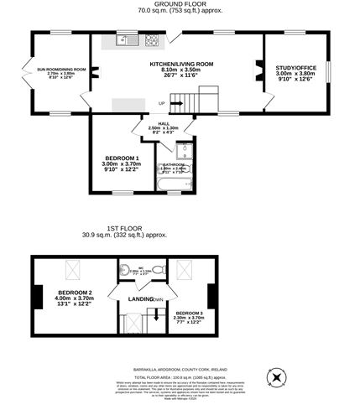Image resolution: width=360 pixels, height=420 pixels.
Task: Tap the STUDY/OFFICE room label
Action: pos(295,69)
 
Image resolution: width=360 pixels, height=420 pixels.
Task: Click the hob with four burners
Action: pos(152,39)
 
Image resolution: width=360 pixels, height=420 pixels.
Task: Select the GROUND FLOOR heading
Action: pos(179,5)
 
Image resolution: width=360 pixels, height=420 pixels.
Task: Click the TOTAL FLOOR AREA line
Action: pos(180,378)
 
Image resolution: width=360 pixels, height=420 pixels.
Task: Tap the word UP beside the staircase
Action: pos(162,103)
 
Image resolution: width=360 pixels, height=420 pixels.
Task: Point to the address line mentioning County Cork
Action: pos(180,368)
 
